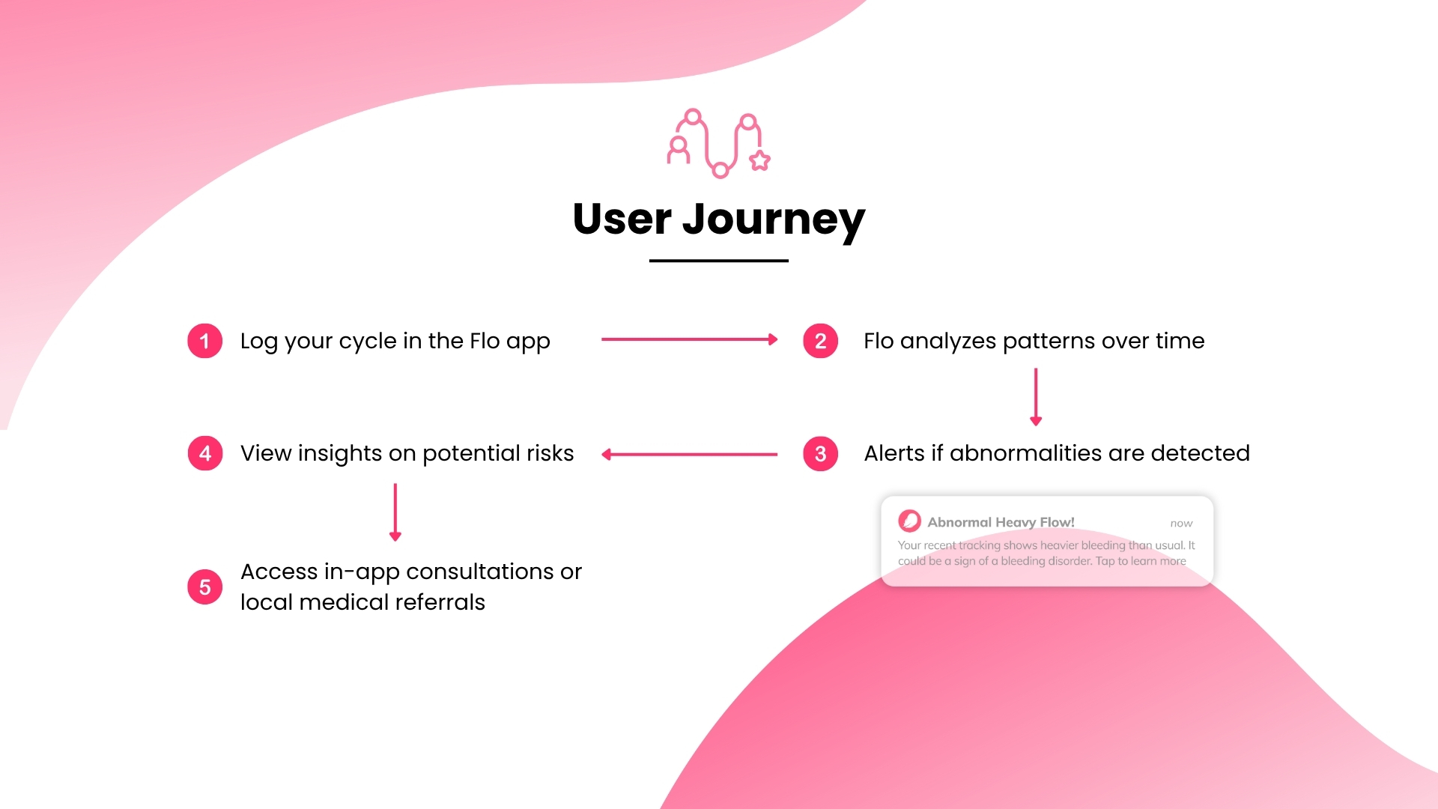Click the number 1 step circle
click(204, 341)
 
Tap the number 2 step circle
click(820, 341)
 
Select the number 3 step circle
click(820, 453)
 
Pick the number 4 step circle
click(204, 453)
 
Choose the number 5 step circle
click(204, 587)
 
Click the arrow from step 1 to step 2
click(689, 339)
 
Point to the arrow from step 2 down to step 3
click(1036, 397)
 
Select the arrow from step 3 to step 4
click(689, 454)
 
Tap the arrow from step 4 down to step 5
click(395, 512)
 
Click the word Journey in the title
click(774, 220)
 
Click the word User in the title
click(622, 219)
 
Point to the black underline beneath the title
click(719, 261)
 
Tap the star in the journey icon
click(760, 160)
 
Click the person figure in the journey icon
click(679, 150)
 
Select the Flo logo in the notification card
click(909, 521)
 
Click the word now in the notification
click(1181, 524)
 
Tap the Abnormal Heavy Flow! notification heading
click(1001, 522)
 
